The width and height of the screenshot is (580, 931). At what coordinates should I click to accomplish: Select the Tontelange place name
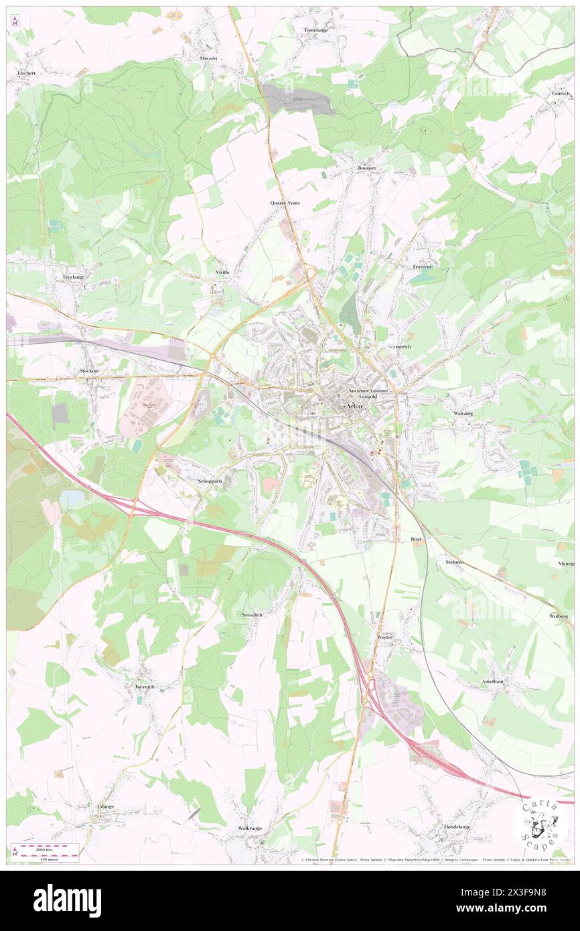point(317,31)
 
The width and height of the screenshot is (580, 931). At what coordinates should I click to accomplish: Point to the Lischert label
point(25,72)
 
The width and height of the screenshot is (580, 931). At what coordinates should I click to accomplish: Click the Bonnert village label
point(366,168)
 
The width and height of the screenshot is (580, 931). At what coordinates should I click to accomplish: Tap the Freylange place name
point(74,277)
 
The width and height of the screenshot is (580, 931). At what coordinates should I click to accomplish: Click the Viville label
point(222,273)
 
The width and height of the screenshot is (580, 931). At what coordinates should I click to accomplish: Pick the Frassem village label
point(422,267)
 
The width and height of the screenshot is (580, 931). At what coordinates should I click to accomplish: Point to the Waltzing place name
point(463,414)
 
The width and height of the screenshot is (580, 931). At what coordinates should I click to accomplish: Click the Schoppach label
point(210,481)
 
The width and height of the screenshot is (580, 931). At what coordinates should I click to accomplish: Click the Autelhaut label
point(493,681)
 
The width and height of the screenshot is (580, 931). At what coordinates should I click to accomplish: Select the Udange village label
point(106,806)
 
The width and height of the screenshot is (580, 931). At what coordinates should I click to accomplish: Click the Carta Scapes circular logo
point(540,821)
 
